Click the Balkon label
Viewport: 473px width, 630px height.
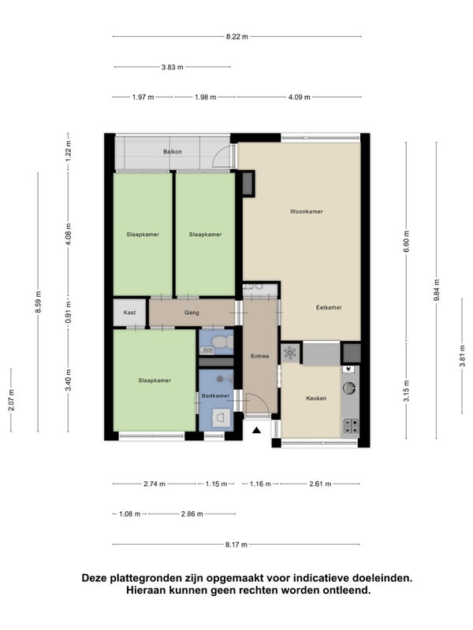(x=173, y=152)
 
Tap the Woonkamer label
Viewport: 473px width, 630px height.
(x=307, y=211)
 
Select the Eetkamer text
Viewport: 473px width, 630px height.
(x=329, y=307)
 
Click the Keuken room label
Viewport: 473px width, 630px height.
(x=316, y=398)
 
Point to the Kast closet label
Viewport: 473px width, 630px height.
(x=129, y=313)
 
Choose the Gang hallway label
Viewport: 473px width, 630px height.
(x=192, y=313)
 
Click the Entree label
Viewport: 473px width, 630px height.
(x=260, y=356)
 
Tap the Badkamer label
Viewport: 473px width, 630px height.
(x=215, y=396)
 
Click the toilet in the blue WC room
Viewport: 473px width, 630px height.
(x=222, y=343)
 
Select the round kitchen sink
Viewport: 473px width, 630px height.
(x=348, y=387)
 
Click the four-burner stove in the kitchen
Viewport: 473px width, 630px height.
(x=350, y=426)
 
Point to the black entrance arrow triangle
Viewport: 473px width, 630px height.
(x=257, y=431)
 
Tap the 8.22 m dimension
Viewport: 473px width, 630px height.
(x=237, y=36)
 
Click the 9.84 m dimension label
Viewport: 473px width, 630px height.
(x=437, y=290)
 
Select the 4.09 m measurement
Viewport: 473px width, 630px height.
(x=300, y=97)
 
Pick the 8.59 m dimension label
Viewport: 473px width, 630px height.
(x=38, y=302)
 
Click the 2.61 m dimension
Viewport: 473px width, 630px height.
(x=320, y=484)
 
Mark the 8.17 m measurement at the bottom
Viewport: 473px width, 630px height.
(x=236, y=545)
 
